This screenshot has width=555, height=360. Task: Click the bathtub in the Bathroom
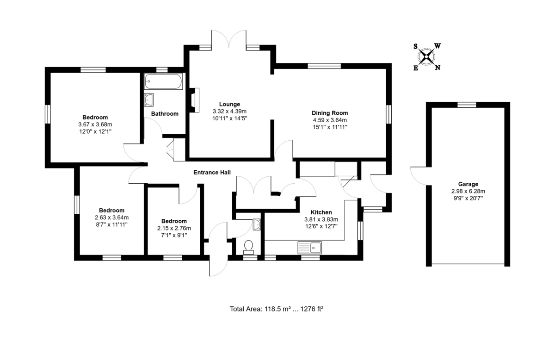click(163, 82)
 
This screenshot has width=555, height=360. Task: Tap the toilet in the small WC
click(249, 247)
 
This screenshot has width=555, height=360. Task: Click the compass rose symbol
click(426, 57)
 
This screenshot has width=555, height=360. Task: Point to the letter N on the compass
click(438, 68)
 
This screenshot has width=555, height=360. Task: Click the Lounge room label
click(229, 104)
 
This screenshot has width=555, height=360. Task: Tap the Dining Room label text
click(330, 113)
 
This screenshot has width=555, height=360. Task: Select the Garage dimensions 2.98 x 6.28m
click(469, 191)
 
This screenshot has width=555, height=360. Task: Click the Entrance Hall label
click(212, 173)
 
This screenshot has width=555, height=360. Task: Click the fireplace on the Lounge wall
click(193, 98)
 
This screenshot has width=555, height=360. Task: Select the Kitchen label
click(321, 212)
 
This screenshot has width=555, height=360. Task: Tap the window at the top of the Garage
click(467, 105)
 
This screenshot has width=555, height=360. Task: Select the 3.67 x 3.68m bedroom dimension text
click(95, 124)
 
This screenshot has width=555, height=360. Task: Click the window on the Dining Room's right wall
click(389, 114)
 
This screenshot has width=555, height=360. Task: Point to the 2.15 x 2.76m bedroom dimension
click(174, 228)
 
